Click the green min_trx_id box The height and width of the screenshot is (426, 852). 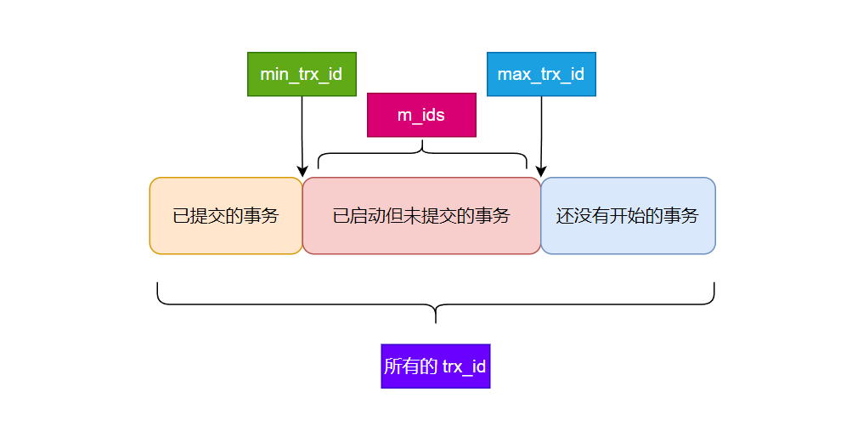(x=302, y=74)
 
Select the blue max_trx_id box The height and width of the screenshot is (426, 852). (x=541, y=74)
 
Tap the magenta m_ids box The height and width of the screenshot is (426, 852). (x=421, y=115)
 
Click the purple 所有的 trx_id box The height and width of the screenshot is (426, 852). (x=436, y=366)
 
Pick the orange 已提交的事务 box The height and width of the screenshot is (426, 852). (x=226, y=216)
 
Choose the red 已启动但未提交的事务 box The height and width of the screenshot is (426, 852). (x=421, y=216)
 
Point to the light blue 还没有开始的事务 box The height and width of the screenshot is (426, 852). (x=628, y=216)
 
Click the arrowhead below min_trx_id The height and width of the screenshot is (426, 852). (x=302, y=172)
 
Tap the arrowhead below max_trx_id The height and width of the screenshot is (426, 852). (x=541, y=172)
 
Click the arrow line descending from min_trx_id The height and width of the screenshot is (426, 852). (x=302, y=132)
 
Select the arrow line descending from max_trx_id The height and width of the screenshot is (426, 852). (x=541, y=132)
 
